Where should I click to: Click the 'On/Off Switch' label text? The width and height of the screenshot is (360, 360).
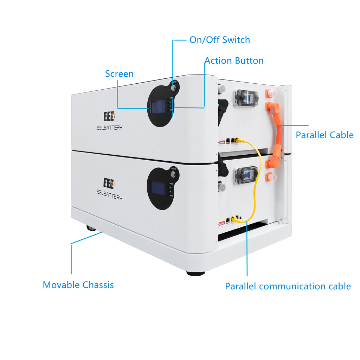pyautogui.click(x=219, y=40)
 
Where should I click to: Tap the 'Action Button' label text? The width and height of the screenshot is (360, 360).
pyautogui.click(x=234, y=60)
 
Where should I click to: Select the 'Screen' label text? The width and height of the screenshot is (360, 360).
pyautogui.click(x=119, y=74)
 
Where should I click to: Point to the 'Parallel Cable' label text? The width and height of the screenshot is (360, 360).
pyautogui.click(x=324, y=135)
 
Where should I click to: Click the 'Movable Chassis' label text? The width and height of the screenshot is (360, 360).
pyautogui.click(x=78, y=285)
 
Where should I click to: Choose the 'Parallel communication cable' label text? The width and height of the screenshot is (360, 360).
pyautogui.click(x=288, y=286)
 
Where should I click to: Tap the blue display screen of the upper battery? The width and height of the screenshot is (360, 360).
pyautogui.click(x=157, y=106)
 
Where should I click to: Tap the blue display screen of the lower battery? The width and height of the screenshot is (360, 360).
pyautogui.click(x=158, y=188)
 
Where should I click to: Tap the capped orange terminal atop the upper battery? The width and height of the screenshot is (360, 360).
pyautogui.click(x=271, y=93)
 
